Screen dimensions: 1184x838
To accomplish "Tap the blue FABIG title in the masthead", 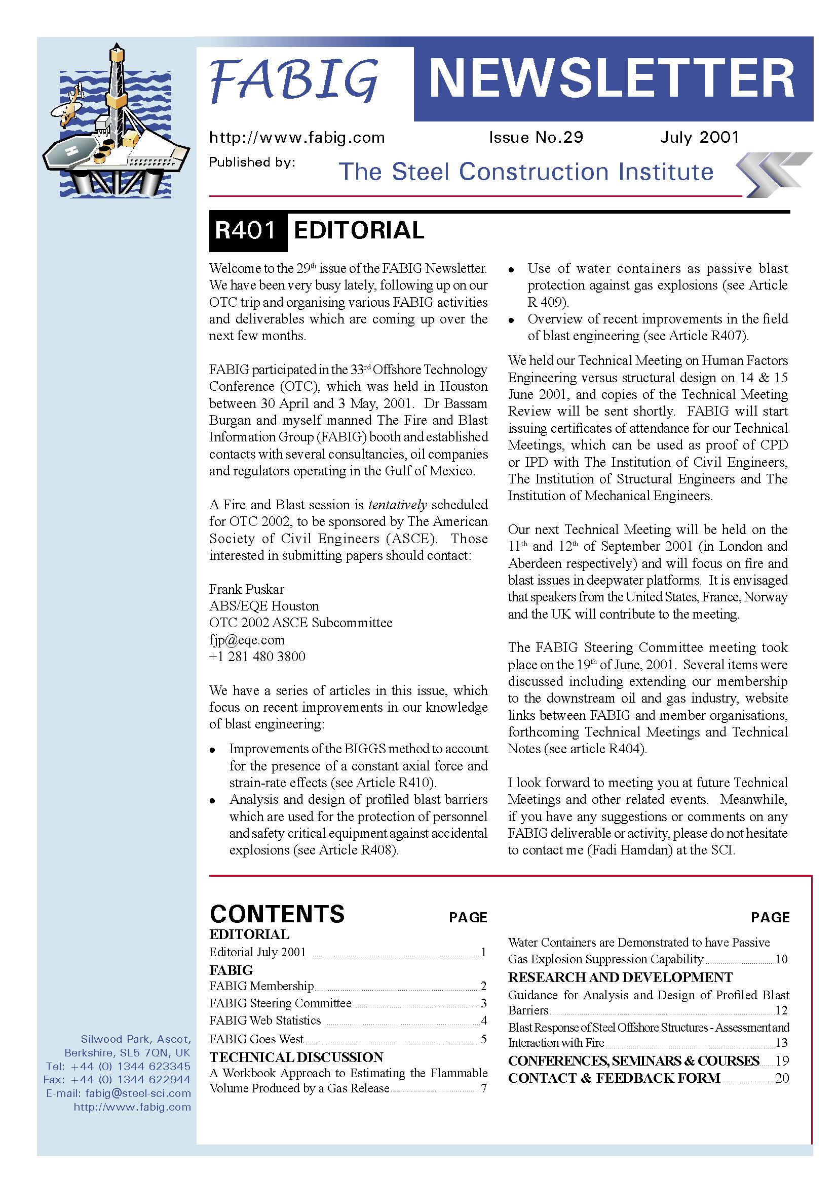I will point(294,80).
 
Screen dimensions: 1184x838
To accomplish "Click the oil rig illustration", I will point(116,124).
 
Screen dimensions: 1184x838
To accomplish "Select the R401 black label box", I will point(247,230).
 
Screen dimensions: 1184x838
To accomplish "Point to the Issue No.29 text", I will point(536,137).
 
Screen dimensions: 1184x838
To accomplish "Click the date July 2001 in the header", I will point(699,137).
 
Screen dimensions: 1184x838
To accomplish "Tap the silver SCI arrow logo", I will point(773,174).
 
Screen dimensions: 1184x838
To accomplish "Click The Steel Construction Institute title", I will point(526,172).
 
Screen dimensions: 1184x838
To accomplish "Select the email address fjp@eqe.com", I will point(247,640).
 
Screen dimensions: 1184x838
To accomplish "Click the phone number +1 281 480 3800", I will point(257,657).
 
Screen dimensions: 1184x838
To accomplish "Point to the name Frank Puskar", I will point(247,589).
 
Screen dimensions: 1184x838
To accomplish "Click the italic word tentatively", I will point(397,504).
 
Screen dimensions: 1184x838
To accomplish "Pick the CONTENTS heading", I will point(277,914).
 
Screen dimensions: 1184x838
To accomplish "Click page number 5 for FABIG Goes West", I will point(483,1039).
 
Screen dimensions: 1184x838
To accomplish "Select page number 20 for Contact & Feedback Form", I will point(782,1078).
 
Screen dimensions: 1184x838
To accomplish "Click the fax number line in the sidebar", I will point(117,1079).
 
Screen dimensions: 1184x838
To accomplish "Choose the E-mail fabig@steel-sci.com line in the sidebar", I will point(118,1093).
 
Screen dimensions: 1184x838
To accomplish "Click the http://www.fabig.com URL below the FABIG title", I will point(297,138).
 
